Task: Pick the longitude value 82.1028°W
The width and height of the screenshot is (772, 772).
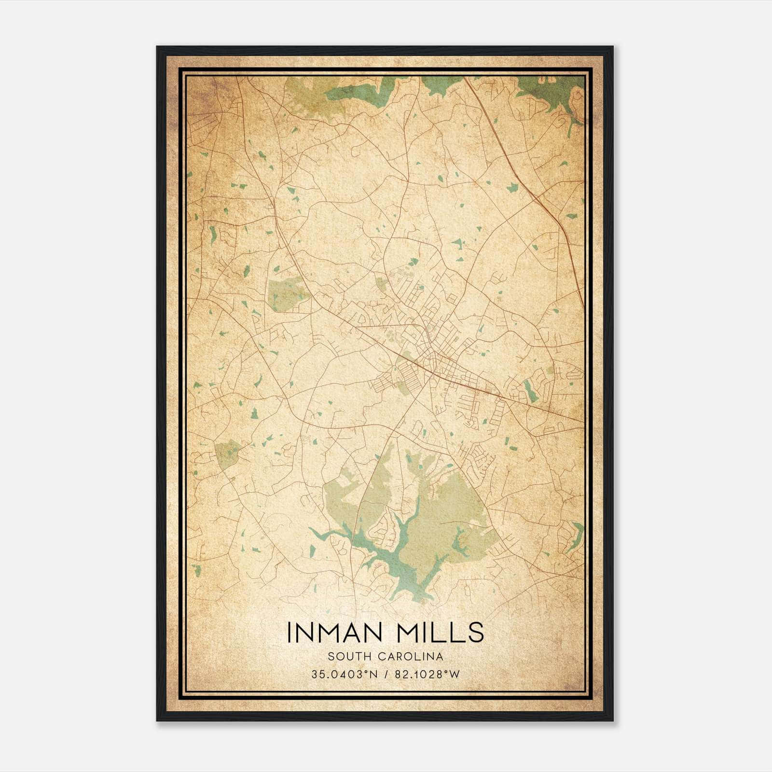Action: click(x=427, y=675)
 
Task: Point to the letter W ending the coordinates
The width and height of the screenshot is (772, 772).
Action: click(x=455, y=675)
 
